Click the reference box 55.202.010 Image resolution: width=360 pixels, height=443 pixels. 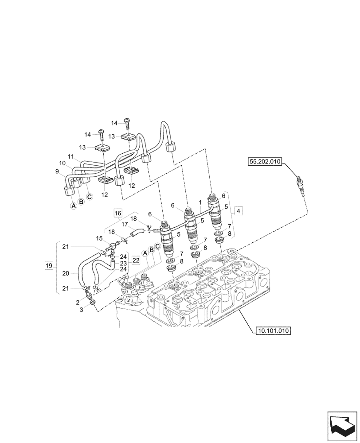[265, 162]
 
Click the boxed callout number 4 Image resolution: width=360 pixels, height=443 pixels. [239, 211]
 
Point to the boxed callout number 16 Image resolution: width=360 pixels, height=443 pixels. [117, 213]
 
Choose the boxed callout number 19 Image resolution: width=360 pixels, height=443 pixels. [49, 266]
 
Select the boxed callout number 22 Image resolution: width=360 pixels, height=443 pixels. [136, 261]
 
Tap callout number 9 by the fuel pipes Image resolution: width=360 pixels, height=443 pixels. [57, 171]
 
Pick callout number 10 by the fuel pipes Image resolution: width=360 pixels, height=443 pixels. [63, 163]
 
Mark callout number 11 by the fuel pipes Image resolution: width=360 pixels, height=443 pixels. [71, 157]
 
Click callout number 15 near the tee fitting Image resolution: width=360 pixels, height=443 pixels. [99, 238]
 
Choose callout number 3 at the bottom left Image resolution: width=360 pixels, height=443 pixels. [81, 310]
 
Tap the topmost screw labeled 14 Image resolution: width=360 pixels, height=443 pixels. [128, 120]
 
